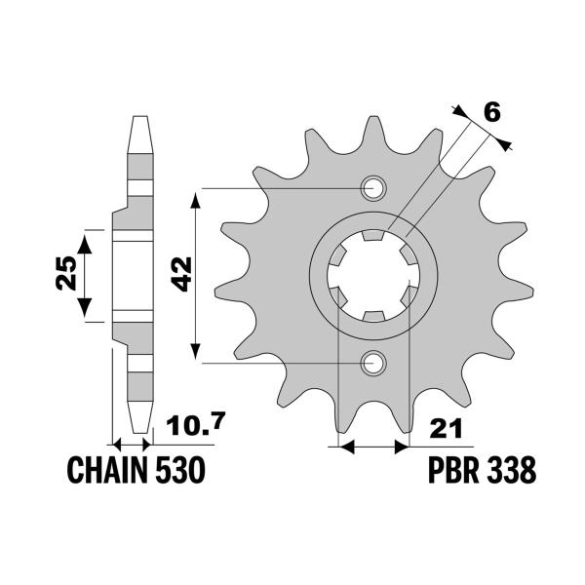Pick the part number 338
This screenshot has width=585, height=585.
(512, 471)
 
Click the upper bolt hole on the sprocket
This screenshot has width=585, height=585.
(372, 188)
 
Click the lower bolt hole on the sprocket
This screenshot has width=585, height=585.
(372, 363)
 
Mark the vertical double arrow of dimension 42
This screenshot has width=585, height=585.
(198, 276)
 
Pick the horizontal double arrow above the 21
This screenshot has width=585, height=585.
(372, 448)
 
